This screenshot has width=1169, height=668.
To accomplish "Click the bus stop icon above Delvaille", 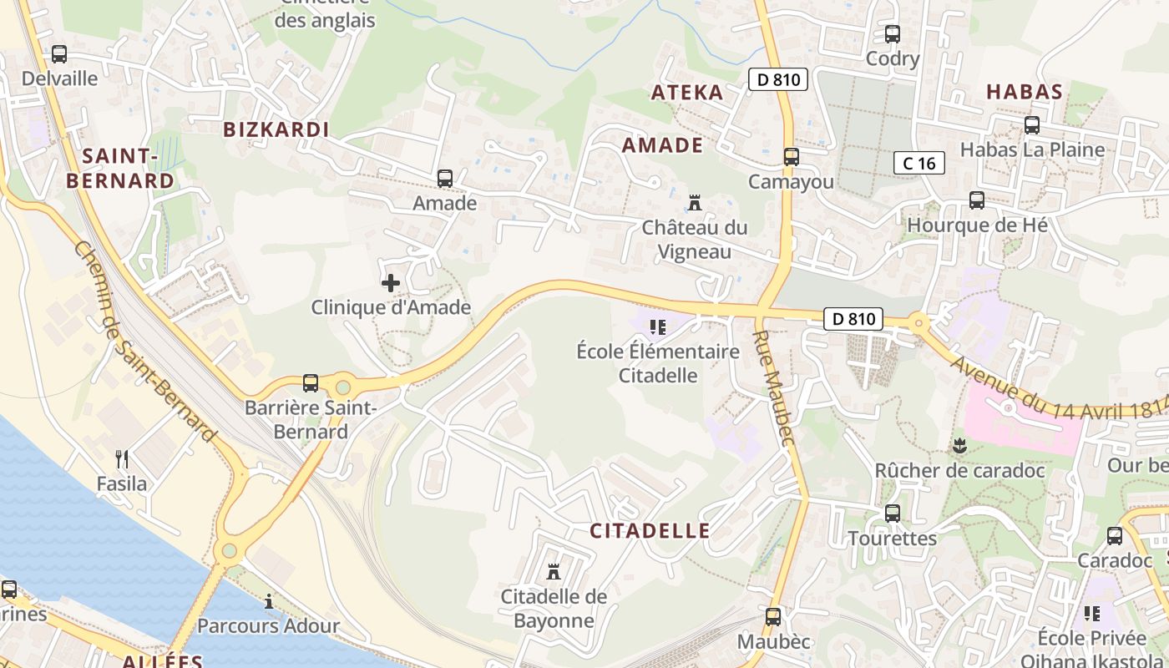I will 58,54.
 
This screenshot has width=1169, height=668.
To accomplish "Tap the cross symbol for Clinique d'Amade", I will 390,283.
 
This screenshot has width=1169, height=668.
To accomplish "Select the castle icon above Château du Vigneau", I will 694,202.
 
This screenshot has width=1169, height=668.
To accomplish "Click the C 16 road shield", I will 919,163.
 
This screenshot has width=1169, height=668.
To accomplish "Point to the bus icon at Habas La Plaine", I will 1032,125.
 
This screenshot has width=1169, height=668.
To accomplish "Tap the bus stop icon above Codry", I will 893,34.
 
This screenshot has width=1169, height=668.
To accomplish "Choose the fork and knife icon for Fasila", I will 122,458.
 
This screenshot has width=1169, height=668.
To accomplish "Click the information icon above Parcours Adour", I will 269,601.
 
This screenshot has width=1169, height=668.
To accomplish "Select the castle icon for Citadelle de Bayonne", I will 553,572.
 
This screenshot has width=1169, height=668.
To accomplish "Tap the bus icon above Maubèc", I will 773,617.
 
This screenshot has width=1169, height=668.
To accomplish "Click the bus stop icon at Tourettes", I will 893,514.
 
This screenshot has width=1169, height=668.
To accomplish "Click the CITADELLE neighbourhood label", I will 650,530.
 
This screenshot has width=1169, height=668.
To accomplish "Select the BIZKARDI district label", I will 276,129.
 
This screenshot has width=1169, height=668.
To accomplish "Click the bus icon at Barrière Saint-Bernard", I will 311,383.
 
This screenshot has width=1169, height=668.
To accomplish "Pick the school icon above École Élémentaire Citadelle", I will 658,326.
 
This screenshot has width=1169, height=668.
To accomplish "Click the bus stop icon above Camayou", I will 791,156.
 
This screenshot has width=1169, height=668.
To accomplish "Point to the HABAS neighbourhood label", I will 1024,92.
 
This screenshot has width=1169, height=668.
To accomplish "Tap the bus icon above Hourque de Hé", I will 976,200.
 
